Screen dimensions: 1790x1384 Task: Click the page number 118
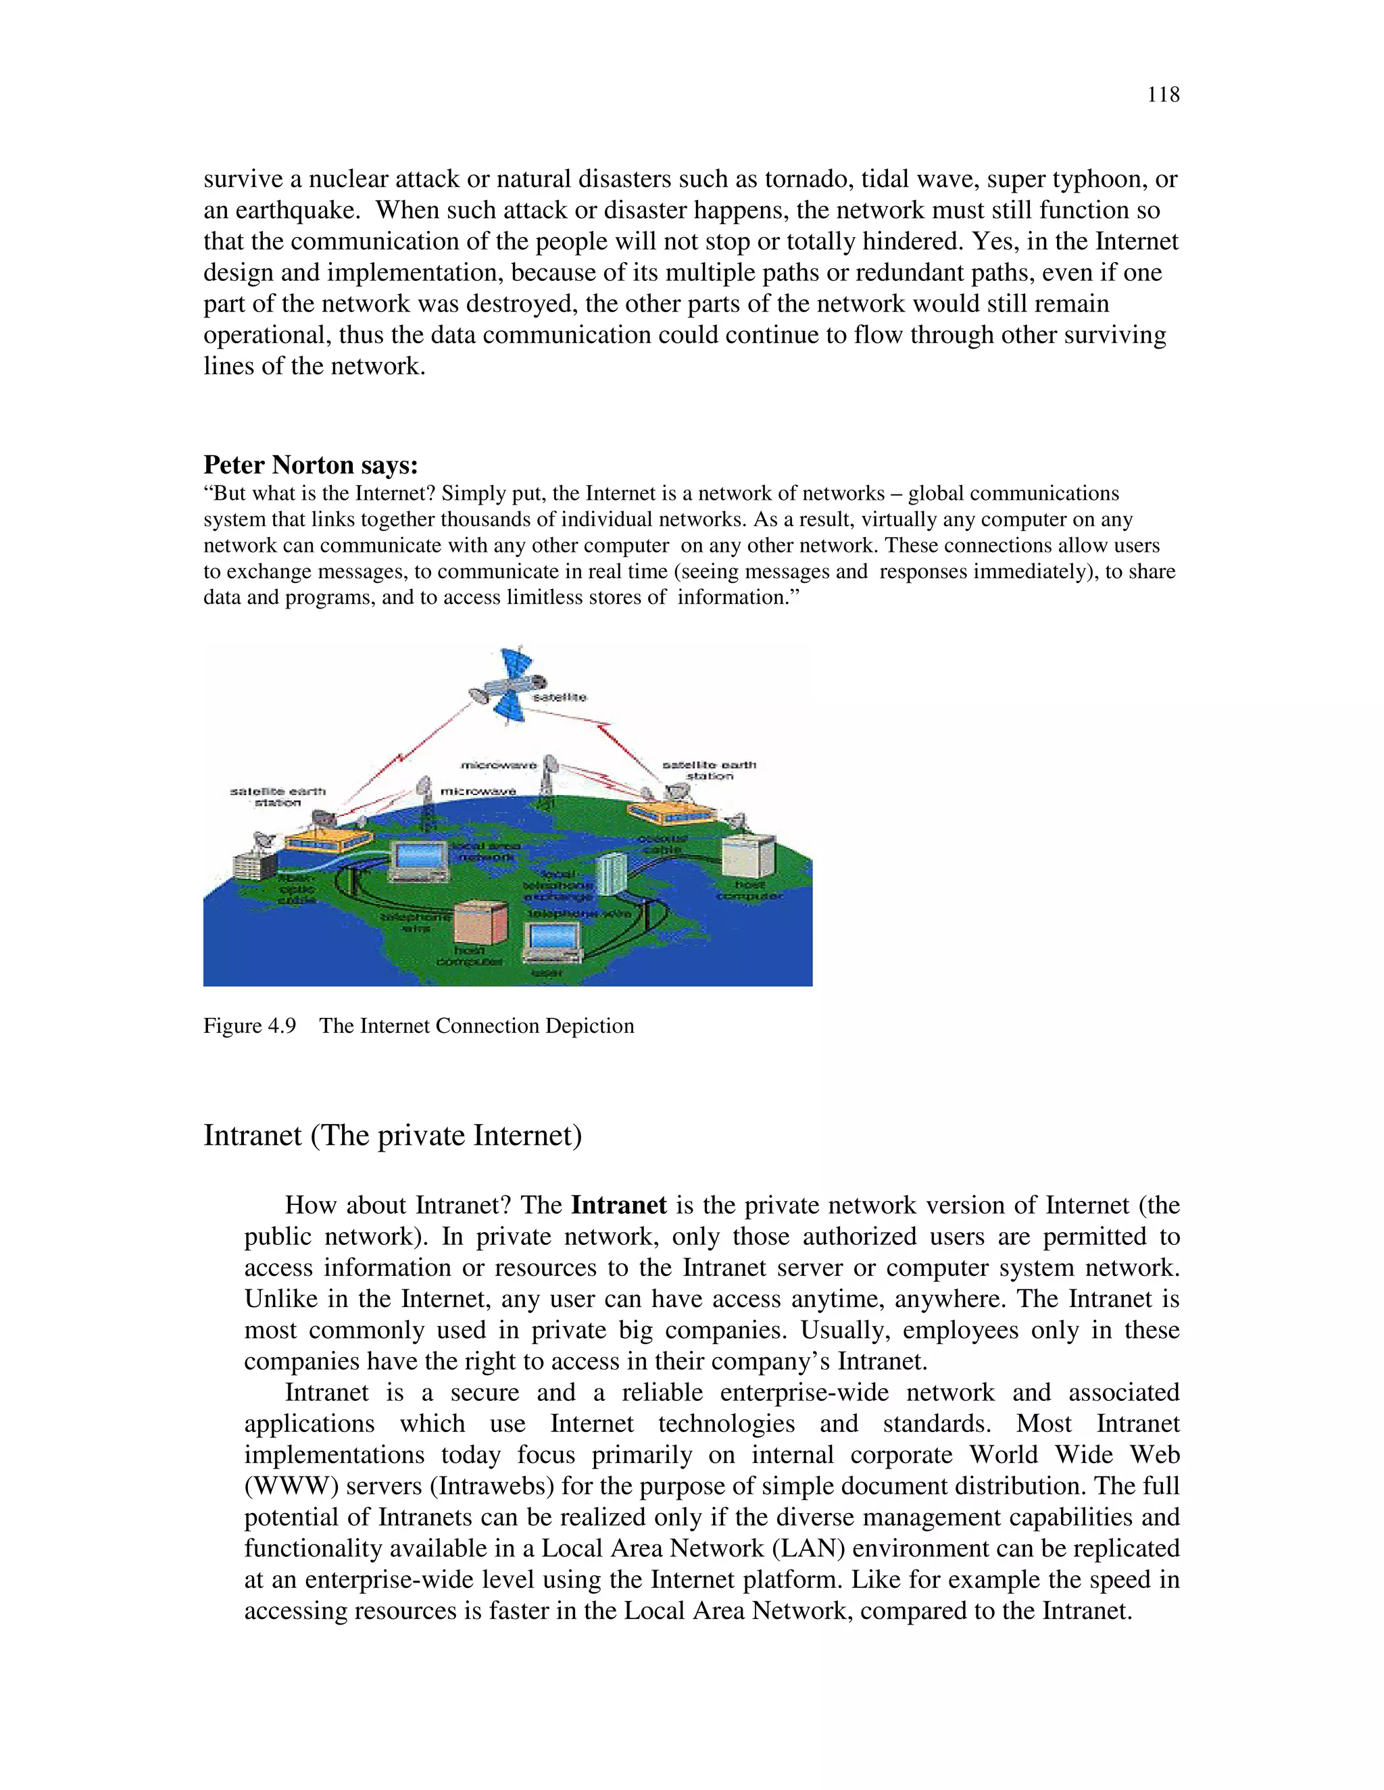(1162, 95)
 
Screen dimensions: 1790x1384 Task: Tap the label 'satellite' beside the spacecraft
(560, 698)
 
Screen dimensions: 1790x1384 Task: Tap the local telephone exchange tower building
(611, 873)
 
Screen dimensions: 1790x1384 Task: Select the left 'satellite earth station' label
(277, 796)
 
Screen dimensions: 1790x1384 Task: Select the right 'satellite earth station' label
(709, 769)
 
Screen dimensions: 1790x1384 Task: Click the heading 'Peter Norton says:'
(311, 465)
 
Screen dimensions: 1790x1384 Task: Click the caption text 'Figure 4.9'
(249, 1026)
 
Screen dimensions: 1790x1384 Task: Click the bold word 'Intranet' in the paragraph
(618, 1205)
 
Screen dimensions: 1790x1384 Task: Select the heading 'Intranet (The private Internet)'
(392, 1135)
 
